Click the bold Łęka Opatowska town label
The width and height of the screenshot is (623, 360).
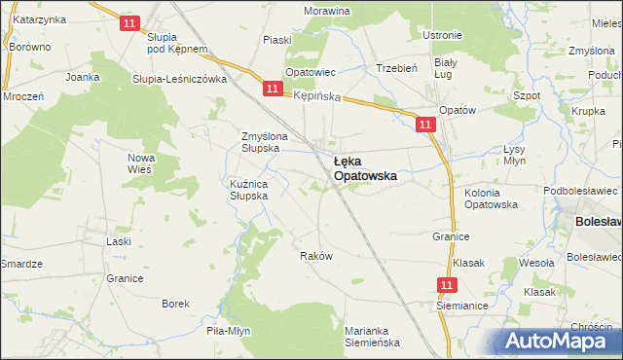point(364,168)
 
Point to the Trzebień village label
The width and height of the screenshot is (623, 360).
point(397,68)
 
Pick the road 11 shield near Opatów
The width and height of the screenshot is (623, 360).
point(424,125)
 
